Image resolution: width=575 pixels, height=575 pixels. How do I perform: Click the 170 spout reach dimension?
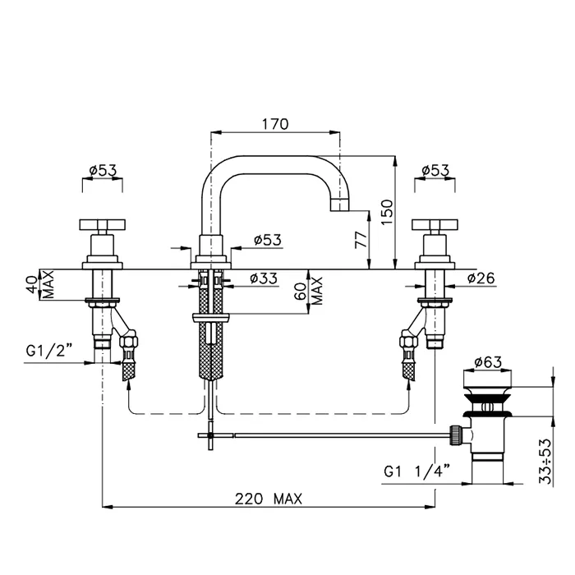pos(275,125)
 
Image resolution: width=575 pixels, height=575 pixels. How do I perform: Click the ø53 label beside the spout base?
pos(268,240)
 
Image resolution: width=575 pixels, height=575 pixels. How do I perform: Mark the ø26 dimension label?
pos(480,278)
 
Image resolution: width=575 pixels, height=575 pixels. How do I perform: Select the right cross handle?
pos(435,224)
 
